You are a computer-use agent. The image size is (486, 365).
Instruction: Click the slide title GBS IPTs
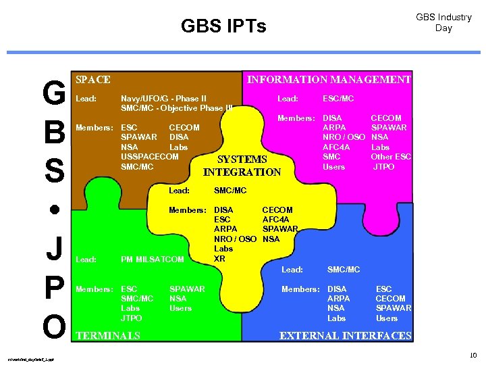coord(223,26)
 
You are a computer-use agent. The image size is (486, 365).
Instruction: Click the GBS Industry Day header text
coord(443,22)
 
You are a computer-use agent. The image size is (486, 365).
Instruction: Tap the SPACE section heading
coord(93,80)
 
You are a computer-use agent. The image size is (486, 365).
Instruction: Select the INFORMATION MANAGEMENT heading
coord(329,80)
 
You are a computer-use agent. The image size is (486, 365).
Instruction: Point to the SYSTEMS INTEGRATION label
coord(242,166)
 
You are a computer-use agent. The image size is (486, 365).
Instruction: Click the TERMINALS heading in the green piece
coord(109,336)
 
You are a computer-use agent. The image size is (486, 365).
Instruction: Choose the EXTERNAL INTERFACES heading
coord(345,336)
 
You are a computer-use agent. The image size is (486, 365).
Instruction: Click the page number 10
coord(473,354)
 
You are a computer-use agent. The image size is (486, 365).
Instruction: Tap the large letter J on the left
coord(53,248)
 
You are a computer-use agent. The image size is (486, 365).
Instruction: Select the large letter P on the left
coord(53,288)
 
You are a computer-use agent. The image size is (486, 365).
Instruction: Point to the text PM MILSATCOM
coord(152,260)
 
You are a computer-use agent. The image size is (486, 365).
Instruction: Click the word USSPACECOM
coord(149,157)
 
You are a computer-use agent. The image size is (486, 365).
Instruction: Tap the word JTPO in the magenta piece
coord(384,167)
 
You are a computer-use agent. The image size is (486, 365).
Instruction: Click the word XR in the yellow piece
coord(219,258)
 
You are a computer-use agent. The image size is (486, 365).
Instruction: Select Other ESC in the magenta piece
coord(391,157)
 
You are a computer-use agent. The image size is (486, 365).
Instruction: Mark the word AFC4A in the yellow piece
coord(277,220)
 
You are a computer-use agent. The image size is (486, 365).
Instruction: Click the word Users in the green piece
coord(180,308)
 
